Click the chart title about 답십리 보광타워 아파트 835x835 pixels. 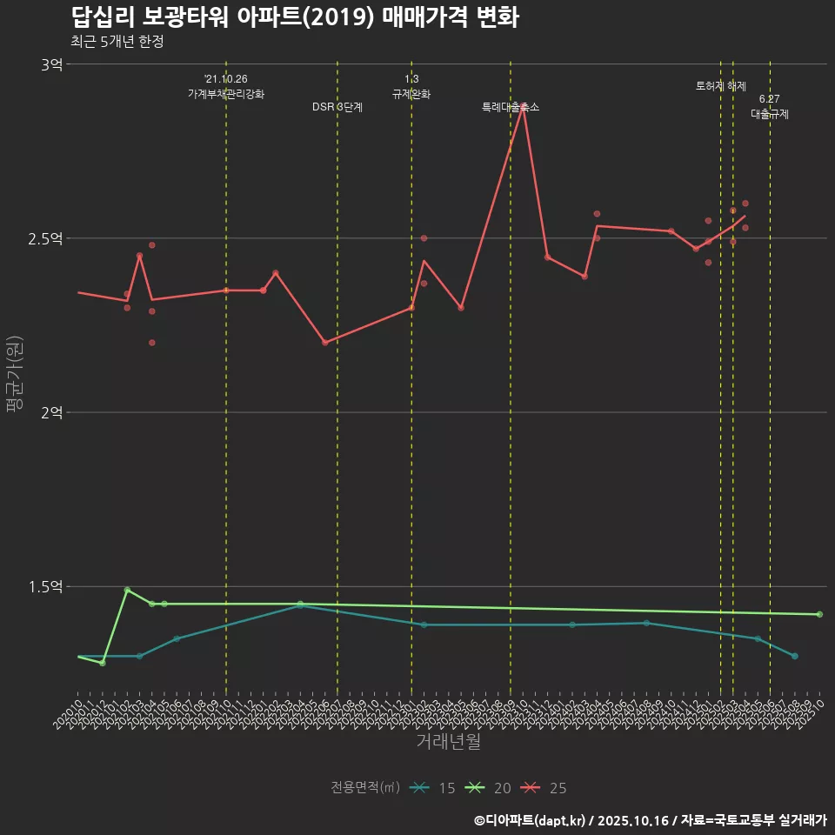point(295,17)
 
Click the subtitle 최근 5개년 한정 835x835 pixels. point(117,42)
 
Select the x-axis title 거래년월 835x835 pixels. point(448,742)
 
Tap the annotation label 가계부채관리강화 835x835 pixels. point(226,94)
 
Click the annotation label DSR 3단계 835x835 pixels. point(337,107)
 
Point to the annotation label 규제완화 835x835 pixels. point(411,94)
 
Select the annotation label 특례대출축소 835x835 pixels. point(511,107)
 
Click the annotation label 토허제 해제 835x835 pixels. point(721,86)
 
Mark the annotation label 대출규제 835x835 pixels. point(770,114)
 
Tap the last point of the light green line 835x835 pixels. point(819,614)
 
